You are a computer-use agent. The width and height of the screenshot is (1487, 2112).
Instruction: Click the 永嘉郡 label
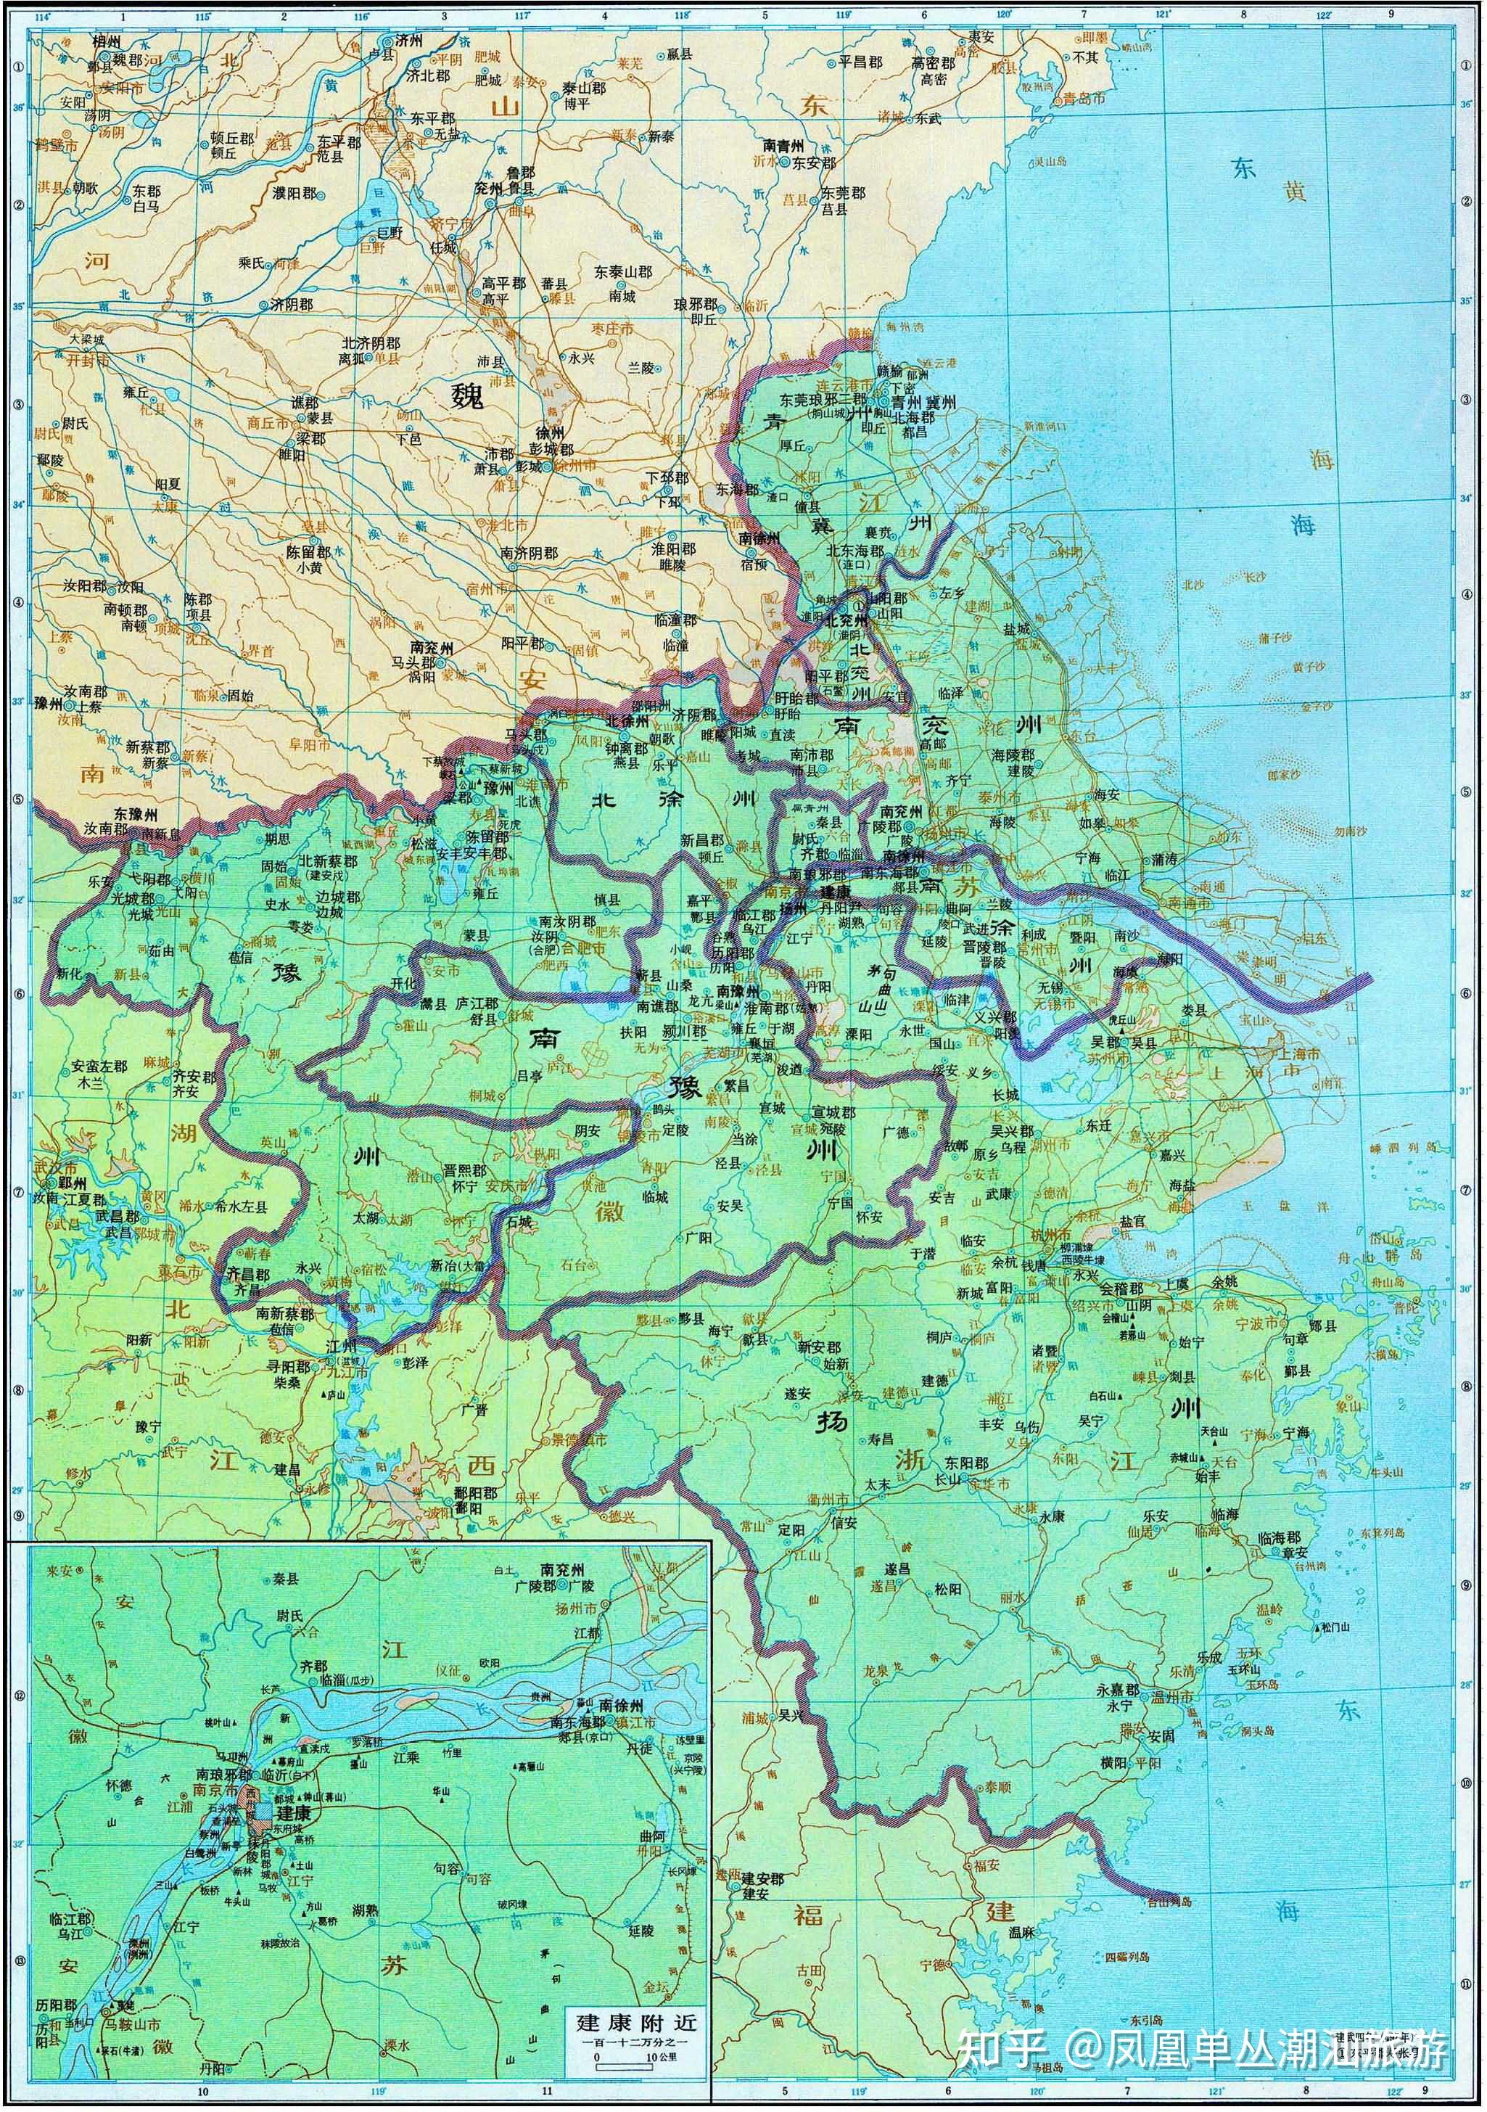coord(1117,1690)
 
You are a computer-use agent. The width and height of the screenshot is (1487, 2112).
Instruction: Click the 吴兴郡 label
coord(1013,1130)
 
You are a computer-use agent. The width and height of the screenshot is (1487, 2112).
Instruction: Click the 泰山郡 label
coord(584,89)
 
